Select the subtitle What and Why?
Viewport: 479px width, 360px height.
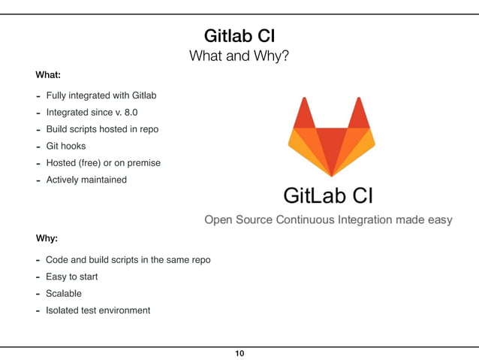click(239, 56)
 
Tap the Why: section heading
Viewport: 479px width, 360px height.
click(47, 239)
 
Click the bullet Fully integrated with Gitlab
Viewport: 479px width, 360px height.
click(101, 96)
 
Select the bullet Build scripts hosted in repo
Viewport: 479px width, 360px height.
click(102, 129)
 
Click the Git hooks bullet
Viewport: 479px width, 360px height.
click(66, 146)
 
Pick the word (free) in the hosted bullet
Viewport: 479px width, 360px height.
click(92, 162)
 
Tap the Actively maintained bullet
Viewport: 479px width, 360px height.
click(86, 180)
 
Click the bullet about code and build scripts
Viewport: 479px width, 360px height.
click(128, 260)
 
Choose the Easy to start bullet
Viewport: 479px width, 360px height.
click(71, 277)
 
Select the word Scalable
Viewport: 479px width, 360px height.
click(64, 293)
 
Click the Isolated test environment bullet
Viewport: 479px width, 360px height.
click(98, 310)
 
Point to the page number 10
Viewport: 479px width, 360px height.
click(239, 353)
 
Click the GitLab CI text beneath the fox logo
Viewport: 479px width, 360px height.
click(328, 195)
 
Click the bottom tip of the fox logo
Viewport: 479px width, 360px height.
click(331, 174)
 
